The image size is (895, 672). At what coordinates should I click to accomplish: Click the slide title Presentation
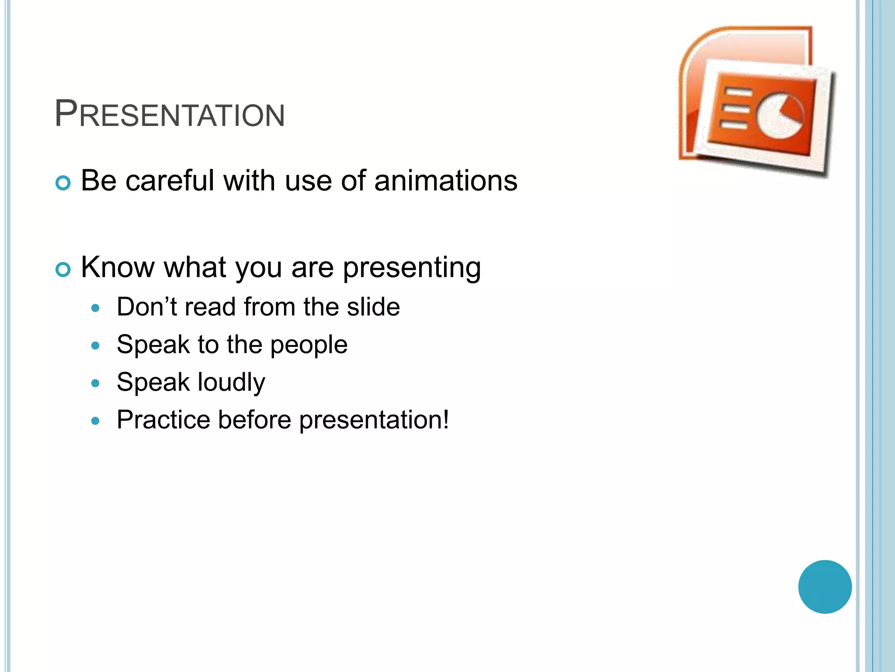point(170,114)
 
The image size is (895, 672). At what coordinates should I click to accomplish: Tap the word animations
point(446,181)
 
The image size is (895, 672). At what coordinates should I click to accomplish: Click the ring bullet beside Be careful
point(63,183)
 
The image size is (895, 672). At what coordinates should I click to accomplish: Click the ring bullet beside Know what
point(63,269)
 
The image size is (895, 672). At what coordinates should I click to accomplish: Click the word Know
point(117,267)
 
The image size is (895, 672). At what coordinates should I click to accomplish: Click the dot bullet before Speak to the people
point(96,346)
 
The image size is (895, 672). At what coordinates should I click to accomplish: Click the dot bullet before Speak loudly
point(96,384)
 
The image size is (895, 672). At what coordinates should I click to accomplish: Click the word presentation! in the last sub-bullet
point(374,420)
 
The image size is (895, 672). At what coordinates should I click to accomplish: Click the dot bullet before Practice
point(96,421)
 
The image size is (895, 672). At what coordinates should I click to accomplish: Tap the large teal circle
point(825,587)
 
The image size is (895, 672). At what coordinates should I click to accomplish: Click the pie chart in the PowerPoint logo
point(781,115)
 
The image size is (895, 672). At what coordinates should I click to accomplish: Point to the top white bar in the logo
point(738,92)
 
